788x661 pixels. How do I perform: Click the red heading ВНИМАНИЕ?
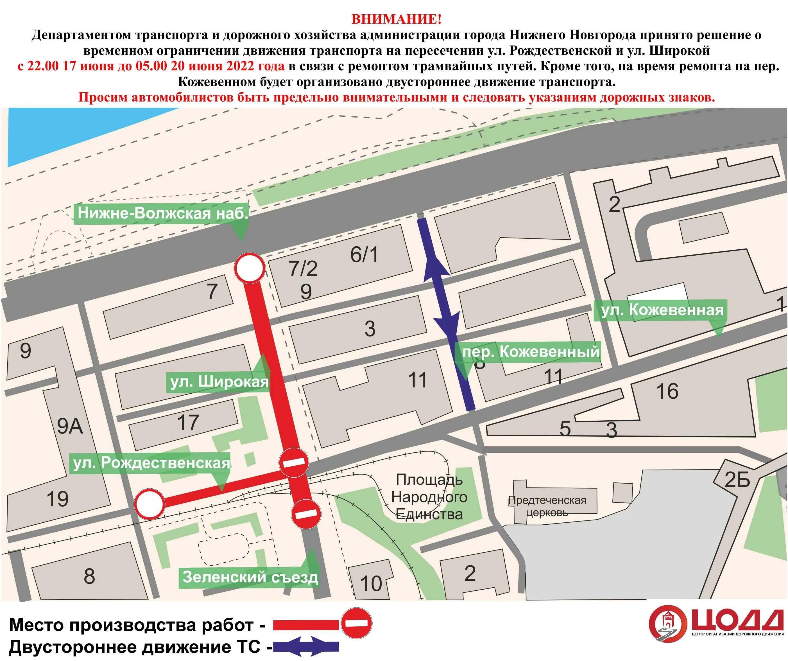coord(396,19)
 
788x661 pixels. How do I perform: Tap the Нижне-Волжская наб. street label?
coord(162,214)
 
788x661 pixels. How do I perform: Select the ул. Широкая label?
coord(219,382)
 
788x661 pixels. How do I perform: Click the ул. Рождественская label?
coord(151,463)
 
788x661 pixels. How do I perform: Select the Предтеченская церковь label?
coord(547,506)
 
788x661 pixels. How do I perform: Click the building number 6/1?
coord(364,255)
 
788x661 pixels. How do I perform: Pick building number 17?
coord(188,422)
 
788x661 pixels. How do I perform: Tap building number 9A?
coord(70,427)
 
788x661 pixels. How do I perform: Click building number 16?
coord(667,391)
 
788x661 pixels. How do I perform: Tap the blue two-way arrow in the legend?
coord(306,647)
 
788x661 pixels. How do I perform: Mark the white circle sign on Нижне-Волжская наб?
coord(250,268)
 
